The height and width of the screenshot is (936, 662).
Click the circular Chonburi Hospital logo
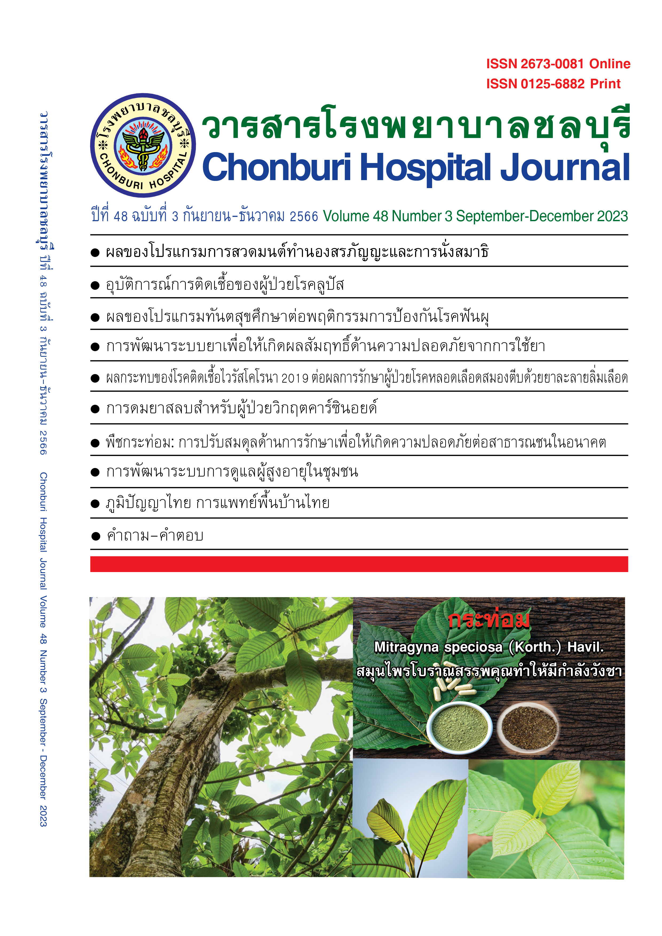point(143,145)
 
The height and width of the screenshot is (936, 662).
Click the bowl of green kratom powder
point(460,727)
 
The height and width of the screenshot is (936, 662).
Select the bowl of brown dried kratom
point(529,728)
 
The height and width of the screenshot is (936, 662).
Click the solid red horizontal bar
point(359,564)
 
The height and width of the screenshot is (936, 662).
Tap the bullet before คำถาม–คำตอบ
point(96,536)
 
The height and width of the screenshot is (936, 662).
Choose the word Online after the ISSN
point(609,64)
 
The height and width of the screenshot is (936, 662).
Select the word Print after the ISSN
point(605,84)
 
